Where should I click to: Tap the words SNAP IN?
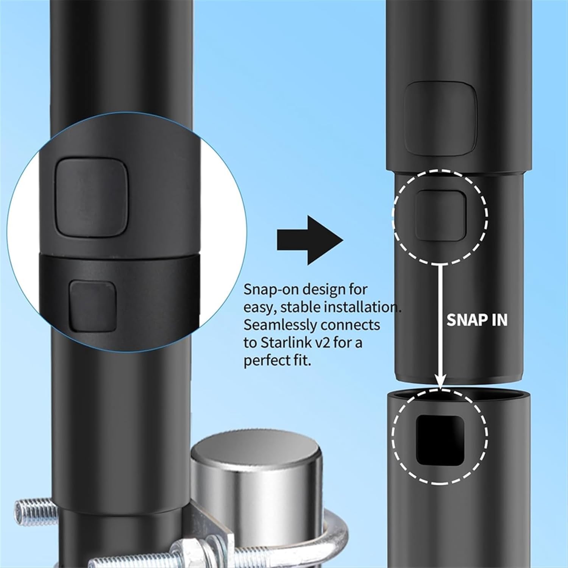(x=477, y=320)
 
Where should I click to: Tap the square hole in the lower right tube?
(x=439, y=439)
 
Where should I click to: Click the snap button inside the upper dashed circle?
(x=440, y=215)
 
